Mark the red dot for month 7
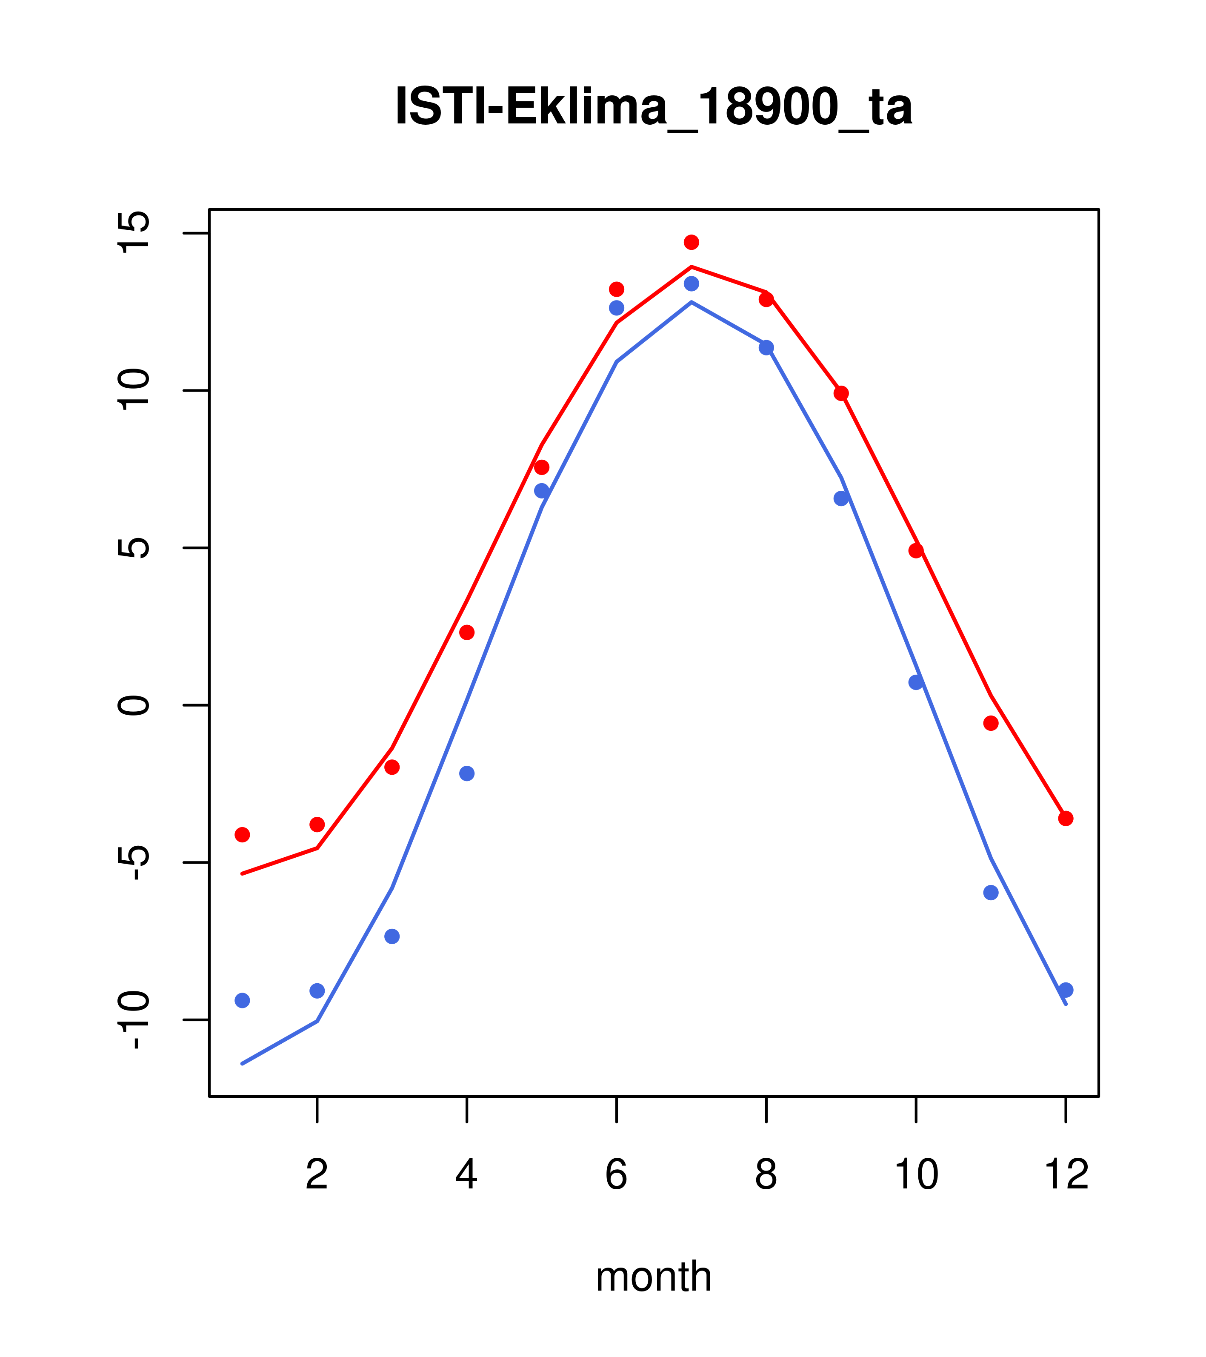click(692, 242)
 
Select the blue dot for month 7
click(692, 283)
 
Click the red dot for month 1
click(242, 835)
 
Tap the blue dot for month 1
click(242, 1000)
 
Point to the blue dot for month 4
click(467, 773)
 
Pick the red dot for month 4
click(467, 632)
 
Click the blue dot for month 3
click(392, 936)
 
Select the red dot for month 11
click(991, 723)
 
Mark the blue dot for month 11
click(991, 892)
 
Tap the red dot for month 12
click(1066, 819)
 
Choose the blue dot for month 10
click(916, 682)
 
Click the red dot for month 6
click(617, 289)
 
